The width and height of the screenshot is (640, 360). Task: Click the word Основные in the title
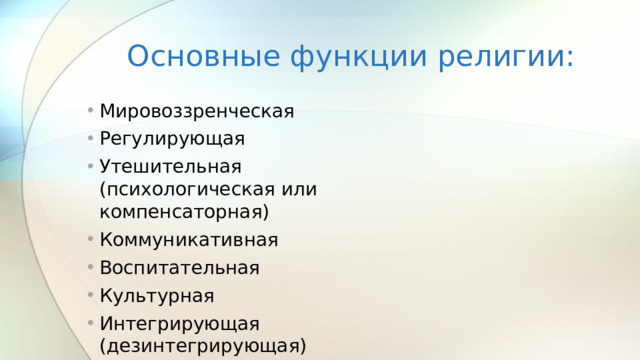click(x=203, y=56)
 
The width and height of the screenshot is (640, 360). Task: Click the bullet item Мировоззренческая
click(x=197, y=111)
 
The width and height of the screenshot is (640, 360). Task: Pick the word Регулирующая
click(x=172, y=138)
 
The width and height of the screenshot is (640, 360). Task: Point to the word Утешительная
click(x=171, y=165)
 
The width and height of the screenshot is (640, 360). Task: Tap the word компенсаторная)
click(x=185, y=212)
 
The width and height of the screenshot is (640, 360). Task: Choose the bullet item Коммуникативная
click(x=189, y=240)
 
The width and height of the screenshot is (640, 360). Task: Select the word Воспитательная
click(x=179, y=268)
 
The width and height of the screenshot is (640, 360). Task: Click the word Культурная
click(x=156, y=296)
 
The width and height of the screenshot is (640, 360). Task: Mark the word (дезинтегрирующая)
click(x=202, y=346)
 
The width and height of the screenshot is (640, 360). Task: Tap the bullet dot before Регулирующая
click(x=89, y=138)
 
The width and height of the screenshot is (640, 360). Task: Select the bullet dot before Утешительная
click(x=89, y=165)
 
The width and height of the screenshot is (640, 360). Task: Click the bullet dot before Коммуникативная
click(x=89, y=240)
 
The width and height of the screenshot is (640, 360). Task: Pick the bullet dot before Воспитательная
click(x=89, y=268)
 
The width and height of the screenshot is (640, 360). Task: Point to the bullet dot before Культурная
click(x=89, y=296)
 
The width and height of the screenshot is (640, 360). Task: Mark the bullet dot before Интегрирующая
click(x=89, y=323)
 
